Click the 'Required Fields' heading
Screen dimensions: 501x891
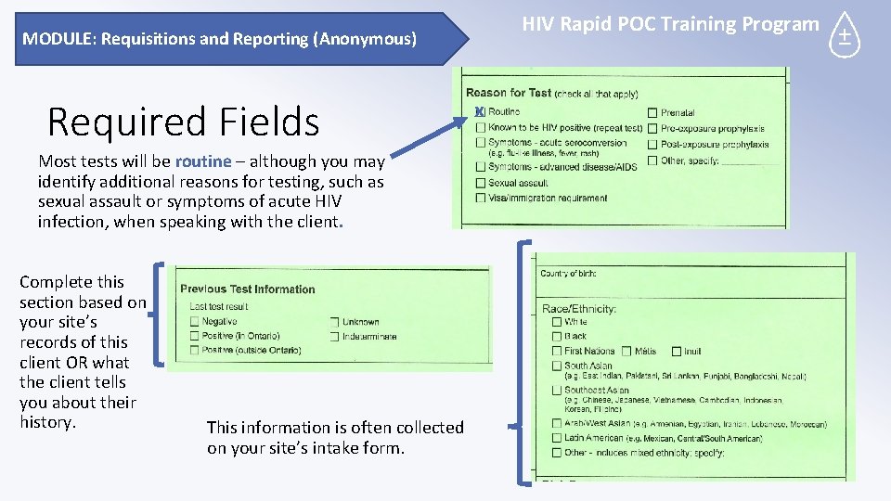183,122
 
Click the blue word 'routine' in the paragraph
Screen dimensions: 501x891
202,161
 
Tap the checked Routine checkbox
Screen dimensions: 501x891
480,112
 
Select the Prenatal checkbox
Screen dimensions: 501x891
652,113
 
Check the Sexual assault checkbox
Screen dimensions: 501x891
480,183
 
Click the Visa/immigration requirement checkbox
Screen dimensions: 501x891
480,198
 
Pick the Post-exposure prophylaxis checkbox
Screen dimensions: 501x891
652,145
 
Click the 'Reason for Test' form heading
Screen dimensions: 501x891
509,93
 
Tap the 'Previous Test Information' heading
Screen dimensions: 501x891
247,289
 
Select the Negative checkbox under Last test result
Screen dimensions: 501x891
194,321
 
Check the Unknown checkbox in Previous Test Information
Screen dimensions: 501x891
334,322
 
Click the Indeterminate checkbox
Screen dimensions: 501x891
334,336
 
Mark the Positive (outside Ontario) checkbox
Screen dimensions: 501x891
194,351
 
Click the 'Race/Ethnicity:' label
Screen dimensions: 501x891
579,308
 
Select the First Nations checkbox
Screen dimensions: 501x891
557,352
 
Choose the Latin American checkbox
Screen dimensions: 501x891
557,438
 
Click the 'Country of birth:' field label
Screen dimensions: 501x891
568,274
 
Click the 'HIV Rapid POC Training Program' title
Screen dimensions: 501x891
670,24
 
